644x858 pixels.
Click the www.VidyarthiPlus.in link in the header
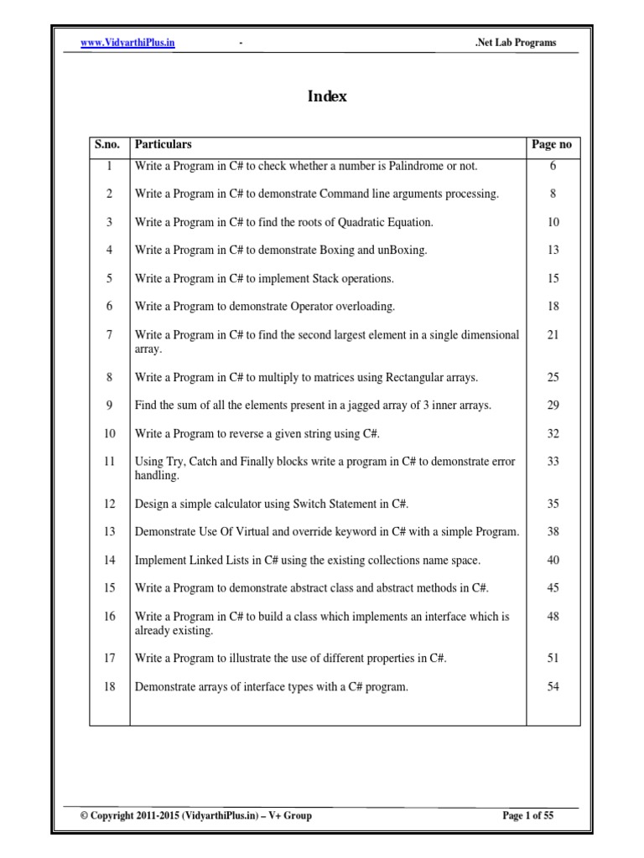pyautogui.click(x=127, y=43)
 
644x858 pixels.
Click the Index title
pyautogui.click(x=327, y=96)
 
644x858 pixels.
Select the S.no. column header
pyautogui.click(x=107, y=145)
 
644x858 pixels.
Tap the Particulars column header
pyautogui.click(x=164, y=145)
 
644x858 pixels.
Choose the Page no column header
pyautogui.click(x=552, y=145)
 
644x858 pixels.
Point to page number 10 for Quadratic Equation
pyautogui.click(x=553, y=222)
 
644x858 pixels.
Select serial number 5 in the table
pyautogui.click(x=109, y=278)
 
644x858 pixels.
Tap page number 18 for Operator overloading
pyautogui.click(x=553, y=307)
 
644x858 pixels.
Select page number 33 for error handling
pyautogui.click(x=553, y=462)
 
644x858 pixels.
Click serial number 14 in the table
pyautogui.click(x=109, y=560)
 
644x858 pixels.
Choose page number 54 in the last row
pyautogui.click(x=553, y=687)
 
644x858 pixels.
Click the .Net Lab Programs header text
pyautogui.click(x=515, y=43)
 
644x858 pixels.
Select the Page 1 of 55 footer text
pyautogui.click(x=527, y=814)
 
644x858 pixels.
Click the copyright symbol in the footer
pyautogui.click(x=84, y=814)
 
